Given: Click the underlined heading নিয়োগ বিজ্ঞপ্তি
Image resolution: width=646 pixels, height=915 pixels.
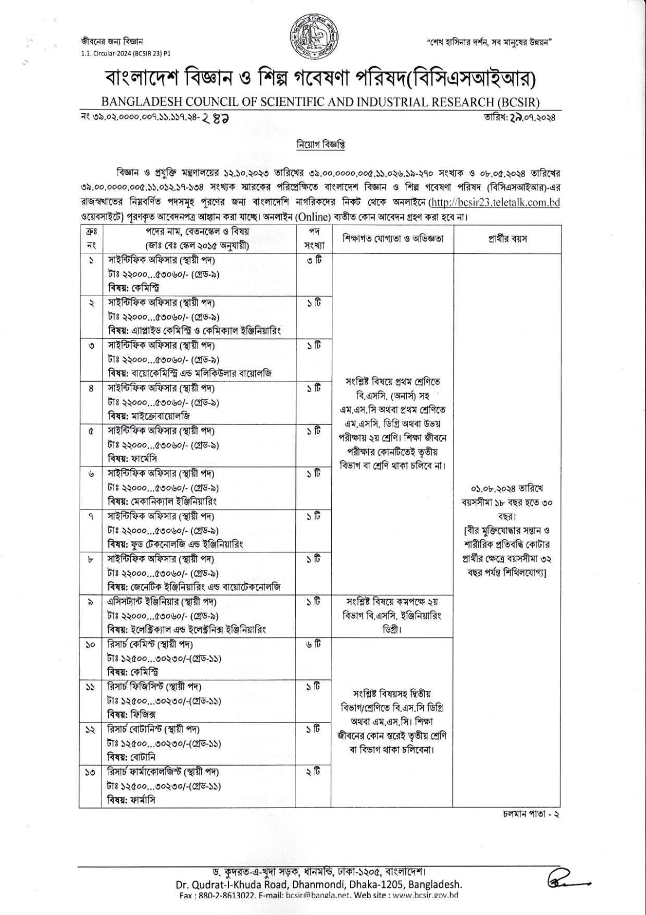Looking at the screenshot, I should point(320,144).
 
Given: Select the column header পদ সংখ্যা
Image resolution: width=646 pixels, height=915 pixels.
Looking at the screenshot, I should point(314,239).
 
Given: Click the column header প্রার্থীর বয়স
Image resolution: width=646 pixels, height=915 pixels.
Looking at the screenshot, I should point(507,239).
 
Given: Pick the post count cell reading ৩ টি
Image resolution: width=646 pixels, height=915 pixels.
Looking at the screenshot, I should point(314,260).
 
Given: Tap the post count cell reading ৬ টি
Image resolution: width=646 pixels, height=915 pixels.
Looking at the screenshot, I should point(314,644).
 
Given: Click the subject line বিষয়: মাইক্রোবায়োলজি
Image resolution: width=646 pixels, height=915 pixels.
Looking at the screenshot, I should point(149,416).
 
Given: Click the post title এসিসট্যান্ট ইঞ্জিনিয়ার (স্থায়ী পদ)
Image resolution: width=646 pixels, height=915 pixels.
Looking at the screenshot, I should point(163,602).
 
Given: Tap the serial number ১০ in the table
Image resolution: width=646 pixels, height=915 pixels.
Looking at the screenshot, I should point(91,645).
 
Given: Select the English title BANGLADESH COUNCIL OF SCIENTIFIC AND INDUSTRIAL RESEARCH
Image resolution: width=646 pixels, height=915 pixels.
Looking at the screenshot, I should point(320,102).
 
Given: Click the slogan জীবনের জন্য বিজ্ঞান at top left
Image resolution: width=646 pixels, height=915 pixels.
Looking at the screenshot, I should point(111,42).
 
